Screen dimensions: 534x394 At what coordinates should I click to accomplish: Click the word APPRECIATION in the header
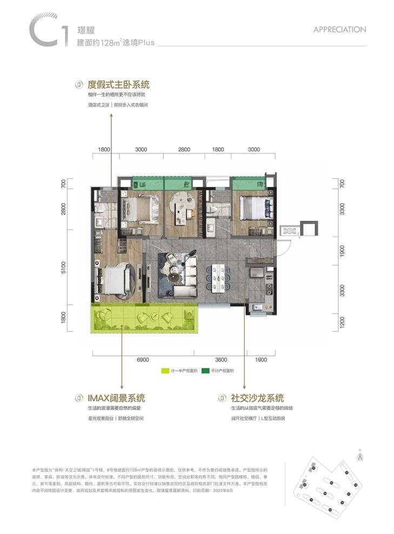339,30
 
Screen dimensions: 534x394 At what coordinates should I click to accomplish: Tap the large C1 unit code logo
48,32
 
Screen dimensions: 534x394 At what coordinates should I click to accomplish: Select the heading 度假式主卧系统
118,85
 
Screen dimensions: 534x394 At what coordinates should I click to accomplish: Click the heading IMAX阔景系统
116,398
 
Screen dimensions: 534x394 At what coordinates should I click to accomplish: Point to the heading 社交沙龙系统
257,398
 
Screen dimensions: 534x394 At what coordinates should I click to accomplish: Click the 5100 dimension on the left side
64,268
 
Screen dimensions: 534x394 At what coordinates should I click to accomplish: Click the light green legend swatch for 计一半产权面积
165,371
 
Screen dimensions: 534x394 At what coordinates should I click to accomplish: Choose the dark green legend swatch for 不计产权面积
206,371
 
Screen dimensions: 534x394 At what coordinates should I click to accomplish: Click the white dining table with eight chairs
219,277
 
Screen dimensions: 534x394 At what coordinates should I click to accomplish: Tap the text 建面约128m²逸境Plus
116,43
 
